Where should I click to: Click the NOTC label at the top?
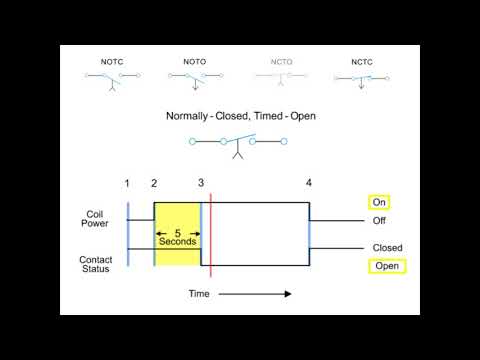click(x=111, y=62)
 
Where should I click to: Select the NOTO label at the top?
click(x=195, y=62)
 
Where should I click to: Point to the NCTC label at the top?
click(x=362, y=62)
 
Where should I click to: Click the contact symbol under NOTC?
click(x=113, y=78)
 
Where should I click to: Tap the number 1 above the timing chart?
click(x=128, y=183)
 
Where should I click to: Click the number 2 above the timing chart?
click(x=154, y=183)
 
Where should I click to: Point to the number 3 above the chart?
click(x=201, y=183)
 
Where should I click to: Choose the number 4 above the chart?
click(x=309, y=183)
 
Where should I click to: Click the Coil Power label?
click(x=95, y=218)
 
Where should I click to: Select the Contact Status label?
click(x=95, y=265)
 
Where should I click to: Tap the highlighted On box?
click(x=379, y=202)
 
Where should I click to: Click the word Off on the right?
click(x=379, y=221)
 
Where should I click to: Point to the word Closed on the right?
click(x=387, y=248)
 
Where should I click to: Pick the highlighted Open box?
click(x=386, y=266)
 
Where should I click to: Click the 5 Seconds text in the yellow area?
click(x=177, y=237)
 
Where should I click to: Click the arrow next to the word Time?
click(x=254, y=294)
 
